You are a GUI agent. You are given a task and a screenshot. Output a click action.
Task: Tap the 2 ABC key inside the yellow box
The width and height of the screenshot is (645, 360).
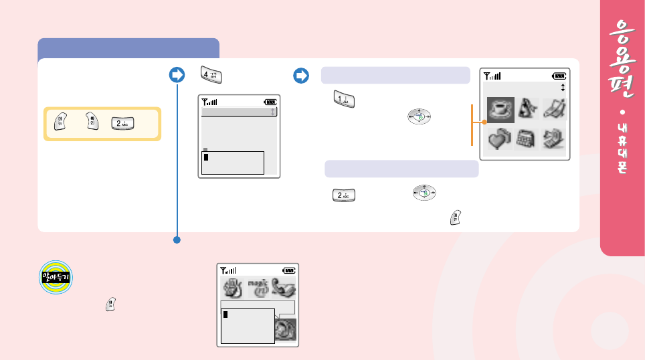click(x=121, y=123)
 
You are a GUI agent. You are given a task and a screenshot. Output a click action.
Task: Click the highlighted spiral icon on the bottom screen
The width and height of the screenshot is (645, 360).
click(x=286, y=328)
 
